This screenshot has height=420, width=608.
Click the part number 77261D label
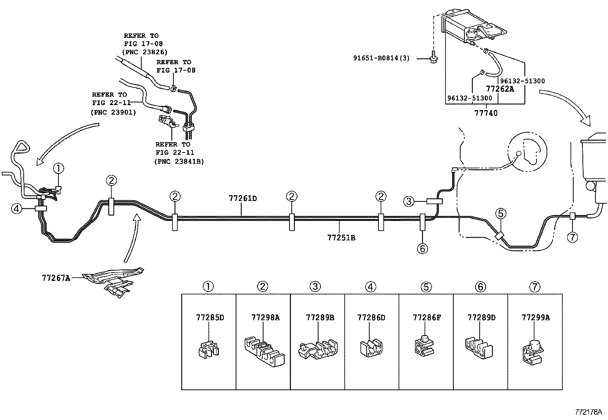[243, 199]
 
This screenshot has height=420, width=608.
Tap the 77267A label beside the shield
[56, 278]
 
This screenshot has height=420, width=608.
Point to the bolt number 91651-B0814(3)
[381, 58]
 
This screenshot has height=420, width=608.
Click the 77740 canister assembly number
[486, 113]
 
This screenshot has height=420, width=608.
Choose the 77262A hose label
[500, 89]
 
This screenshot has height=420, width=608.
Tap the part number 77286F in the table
[427, 318]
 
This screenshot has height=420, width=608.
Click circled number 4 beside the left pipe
[16, 209]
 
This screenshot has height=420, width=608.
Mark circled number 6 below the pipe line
[422, 249]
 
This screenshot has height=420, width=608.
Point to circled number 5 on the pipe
[500, 214]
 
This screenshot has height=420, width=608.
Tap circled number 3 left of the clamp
[409, 201]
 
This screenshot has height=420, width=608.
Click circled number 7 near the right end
[572, 237]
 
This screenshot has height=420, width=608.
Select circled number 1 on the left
[58, 168]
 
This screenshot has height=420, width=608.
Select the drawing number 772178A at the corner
[589, 412]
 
